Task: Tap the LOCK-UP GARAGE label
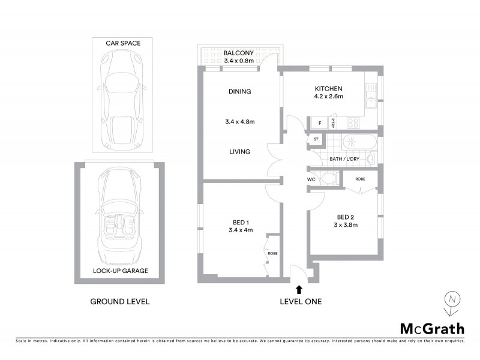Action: coord(120,271)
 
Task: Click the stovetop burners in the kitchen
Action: coord(353,123)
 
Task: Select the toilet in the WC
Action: coord(328,179)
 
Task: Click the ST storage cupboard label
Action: coord(316,140)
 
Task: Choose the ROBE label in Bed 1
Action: coord(273,253)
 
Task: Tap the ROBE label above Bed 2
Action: coord(360,179)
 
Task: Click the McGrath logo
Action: coord(432,328)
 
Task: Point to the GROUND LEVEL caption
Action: coord(119,301)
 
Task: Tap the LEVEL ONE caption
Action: coord(301,301)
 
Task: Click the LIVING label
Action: coord(239,152)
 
